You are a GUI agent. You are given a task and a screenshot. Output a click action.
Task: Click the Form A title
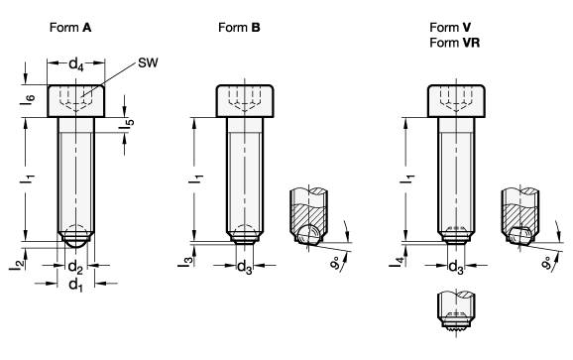coord(70,28)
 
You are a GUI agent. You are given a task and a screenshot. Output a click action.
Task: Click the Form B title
coord(239,28)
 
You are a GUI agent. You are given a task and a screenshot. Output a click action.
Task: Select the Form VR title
coord(455,43)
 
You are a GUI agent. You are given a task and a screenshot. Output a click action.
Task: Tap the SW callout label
coord(148,62)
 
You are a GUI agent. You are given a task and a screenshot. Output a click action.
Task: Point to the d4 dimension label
coord(76,64)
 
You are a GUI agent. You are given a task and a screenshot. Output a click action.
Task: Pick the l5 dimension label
coord(127,124)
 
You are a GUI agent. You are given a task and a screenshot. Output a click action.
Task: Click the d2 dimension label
coord(75,267)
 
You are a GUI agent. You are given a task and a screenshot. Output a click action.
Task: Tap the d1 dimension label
coord(76,284)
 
